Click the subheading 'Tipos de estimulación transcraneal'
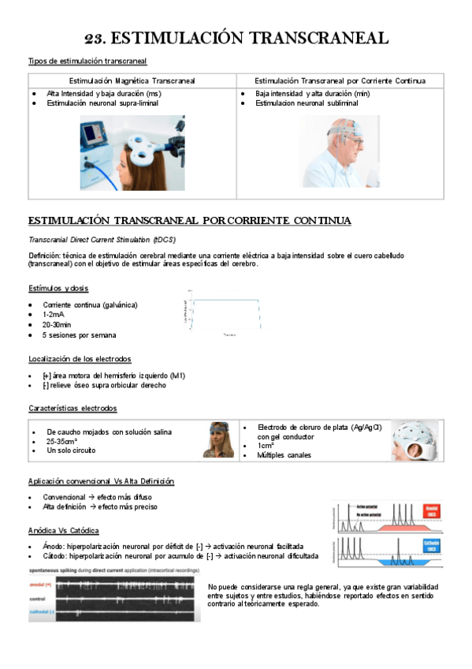(x=87, y=61)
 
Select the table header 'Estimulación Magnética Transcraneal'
(x=132, y=80)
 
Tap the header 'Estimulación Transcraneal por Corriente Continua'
(x=340, y=80)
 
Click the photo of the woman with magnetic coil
(x=132, y=152)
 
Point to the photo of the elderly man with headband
(x=340, y=151)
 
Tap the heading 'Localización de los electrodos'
(x=80, y=359)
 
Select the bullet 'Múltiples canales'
(x=284, y=454)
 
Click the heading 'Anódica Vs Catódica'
(x=64, y=530)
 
